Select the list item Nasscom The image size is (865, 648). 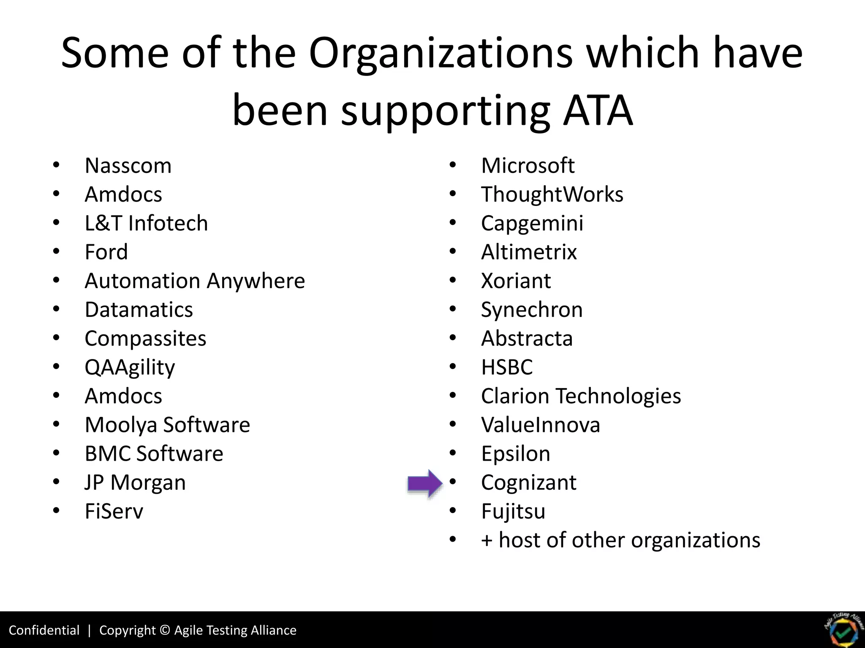128,165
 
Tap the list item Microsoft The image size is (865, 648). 528,165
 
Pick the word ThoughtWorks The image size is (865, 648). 552,194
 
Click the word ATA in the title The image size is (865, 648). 598,111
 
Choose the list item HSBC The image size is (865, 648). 507,367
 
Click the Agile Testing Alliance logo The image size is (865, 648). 843,630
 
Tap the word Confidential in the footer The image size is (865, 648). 44,630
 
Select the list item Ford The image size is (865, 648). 106,252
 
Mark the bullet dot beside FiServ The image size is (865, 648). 57,511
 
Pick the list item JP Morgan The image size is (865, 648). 135,483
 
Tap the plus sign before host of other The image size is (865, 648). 487,541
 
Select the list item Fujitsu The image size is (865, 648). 513,511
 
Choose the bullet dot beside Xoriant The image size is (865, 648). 453,281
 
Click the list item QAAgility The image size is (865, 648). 130,367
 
